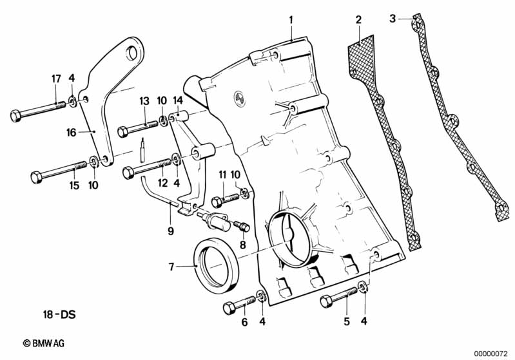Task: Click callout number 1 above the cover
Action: pos(291,21)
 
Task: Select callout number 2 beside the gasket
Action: pos(358,21)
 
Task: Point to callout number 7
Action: pos(171,266)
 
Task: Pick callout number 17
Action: pos(56,79)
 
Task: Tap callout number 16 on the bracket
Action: pos(72,132)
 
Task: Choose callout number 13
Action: pos(144,101)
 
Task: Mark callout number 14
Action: pos(178,101)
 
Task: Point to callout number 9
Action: pos(171,229)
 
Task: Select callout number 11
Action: pos(223,175)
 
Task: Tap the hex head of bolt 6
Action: pos(229,308)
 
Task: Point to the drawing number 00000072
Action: pos(492,353)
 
